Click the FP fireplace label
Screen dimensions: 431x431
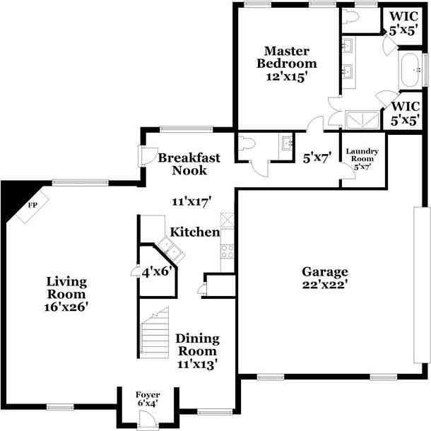(32, 206)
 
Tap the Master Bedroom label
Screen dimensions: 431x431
(286, 57)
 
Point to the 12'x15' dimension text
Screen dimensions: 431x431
(286, 77)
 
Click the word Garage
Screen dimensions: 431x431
(326, 271)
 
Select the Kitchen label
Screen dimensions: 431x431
(194, 232)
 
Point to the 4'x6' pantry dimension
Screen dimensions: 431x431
(158, 270)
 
